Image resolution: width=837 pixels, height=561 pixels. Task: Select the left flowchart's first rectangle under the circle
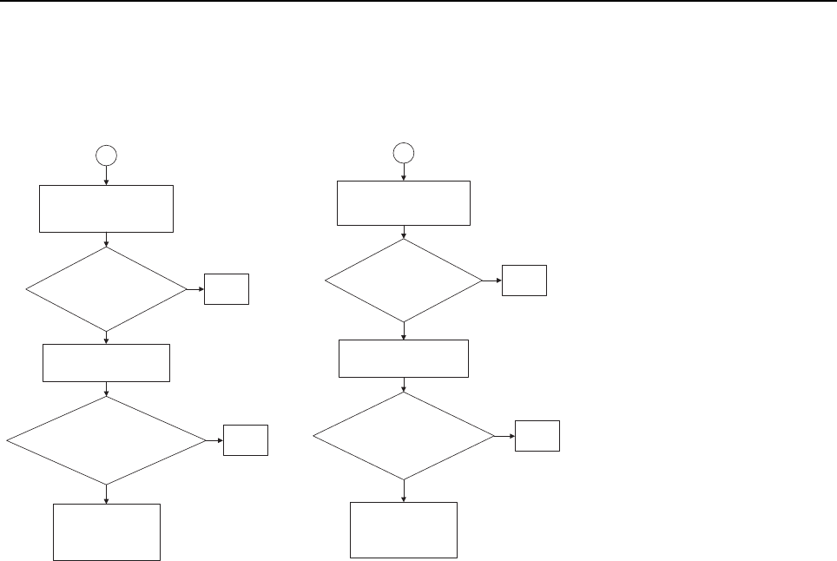[106, 208]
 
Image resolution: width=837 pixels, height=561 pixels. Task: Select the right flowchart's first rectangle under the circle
[404, 203]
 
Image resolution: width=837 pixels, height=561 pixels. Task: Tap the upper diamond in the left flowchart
[106, 289]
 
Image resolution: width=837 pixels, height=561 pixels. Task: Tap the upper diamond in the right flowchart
[404, 280]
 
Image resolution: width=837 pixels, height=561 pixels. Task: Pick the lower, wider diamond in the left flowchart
[106, 441]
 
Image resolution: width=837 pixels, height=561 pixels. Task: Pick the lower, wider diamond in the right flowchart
[404, 435]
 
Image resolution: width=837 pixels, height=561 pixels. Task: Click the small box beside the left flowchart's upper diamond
[227, 289]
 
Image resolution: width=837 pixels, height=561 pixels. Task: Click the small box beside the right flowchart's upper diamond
[524, 280]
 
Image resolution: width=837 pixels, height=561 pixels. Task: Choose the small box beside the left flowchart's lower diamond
[246, 441]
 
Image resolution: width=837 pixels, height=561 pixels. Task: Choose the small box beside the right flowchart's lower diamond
[537, 435]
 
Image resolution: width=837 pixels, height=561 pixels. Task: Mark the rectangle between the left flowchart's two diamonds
[106, 363]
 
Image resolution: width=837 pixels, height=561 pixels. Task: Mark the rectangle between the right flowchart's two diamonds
[404, 359]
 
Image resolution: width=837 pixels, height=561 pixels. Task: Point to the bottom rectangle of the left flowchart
[106, 531]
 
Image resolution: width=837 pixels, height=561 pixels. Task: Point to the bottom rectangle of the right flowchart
[404, 530]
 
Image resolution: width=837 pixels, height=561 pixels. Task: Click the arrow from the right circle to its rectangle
[404, 171]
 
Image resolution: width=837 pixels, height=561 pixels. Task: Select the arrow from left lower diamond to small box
[214, 441]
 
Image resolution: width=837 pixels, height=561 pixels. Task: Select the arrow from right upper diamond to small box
[491, 280]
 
